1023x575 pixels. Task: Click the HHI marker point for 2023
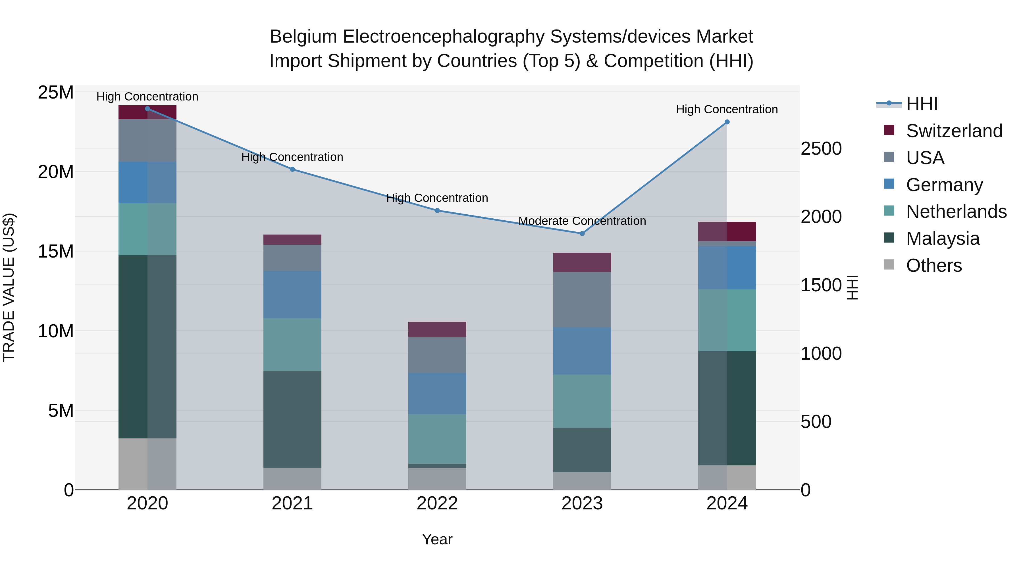(582, 233)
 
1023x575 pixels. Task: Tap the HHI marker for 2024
(727, 122)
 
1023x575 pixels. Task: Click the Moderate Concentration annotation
(582, 221)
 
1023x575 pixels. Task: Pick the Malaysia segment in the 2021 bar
(292, 419)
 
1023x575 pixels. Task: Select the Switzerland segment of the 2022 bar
(437, 329)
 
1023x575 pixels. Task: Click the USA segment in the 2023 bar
(582, 299)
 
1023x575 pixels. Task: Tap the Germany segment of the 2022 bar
(437, 393)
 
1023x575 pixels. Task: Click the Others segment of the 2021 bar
(292, 478)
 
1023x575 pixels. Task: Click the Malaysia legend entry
(942, 238)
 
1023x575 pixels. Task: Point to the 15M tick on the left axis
(56, 251)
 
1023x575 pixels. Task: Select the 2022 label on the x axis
(437, 503)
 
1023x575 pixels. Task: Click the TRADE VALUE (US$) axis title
(9, 287)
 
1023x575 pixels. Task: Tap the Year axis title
(437, 539)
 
